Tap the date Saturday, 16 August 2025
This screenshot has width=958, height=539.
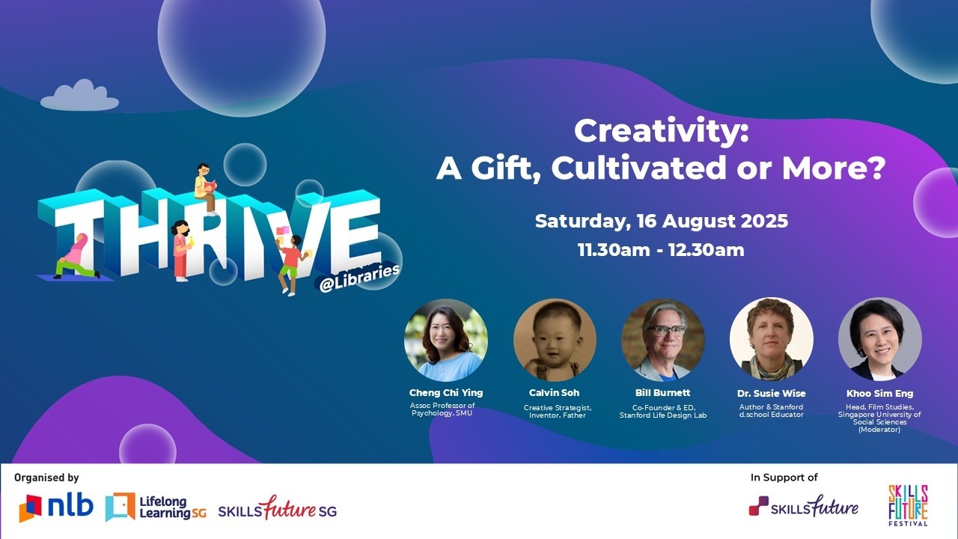point(661,222)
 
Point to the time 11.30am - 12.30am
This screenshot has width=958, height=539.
point(661,250)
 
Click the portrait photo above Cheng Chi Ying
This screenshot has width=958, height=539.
point(446,340)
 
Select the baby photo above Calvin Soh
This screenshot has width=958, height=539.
point(555,340)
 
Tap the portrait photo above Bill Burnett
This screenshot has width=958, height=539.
point(663,340)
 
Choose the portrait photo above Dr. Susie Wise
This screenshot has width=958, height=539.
point(771,340)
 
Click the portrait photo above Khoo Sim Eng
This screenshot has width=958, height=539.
point(879,340)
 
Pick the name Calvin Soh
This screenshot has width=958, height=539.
point(555,393)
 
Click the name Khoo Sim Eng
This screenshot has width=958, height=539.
point(879,394)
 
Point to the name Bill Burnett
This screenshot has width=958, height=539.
point(663,393)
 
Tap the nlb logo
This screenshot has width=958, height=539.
point(56,508)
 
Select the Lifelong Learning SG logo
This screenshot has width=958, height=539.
point(156,508)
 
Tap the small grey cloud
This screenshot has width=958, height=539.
point(80,97)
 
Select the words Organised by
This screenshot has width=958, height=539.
point(46,478)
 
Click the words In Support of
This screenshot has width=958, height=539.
point(784,478)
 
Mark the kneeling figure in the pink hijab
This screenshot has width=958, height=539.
point(75,257)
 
